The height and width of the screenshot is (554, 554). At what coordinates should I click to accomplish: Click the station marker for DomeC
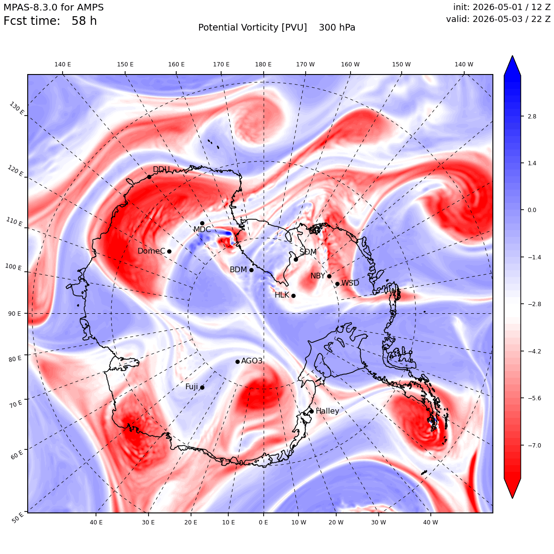point(169,252)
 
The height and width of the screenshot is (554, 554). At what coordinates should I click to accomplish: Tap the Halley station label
point(328,411)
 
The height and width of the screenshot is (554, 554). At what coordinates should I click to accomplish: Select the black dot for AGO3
point(237,362)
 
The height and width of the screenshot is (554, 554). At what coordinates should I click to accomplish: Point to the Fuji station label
point(192,387)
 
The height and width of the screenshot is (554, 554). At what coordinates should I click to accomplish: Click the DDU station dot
point(149,177)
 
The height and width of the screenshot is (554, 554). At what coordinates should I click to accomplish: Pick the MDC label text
point(202,230)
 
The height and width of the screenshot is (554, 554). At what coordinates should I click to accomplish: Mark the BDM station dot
point(251,270)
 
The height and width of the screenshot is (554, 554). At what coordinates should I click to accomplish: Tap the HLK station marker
point(293,296)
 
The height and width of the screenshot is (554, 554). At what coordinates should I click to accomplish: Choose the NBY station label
point(318,276)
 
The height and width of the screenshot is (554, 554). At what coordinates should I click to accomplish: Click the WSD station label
point(350,283)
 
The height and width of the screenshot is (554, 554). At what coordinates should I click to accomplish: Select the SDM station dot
point(296,259)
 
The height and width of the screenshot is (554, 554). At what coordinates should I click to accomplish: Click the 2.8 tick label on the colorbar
point(532,116)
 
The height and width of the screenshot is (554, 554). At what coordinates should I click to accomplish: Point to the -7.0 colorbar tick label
point(534,445)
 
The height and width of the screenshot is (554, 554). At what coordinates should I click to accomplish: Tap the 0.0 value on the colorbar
point(532,210)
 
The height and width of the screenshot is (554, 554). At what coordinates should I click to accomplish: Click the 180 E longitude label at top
point(263,64)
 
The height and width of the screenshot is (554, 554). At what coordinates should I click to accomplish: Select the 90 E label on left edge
point(14,313)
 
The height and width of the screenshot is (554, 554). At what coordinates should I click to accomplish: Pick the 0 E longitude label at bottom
point(263,522)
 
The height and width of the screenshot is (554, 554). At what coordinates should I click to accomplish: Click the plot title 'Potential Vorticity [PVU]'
point(252,28)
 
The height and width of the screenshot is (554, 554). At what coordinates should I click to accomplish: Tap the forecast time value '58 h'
point(84,21)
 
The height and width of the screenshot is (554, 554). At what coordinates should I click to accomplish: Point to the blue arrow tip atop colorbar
point(512,56)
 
